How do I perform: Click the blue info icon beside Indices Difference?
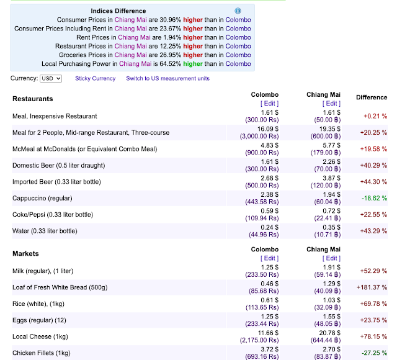[x=238, y=11]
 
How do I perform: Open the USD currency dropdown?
[x=51, y=79]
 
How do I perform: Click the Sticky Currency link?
[x=95, y=79]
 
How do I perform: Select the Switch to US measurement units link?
[x=168, y=79]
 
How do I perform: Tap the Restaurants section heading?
[x=33, y=99]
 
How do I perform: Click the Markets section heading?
[x=25, y=254]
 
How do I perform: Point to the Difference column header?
[x=372, y=97]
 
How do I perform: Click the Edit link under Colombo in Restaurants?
[x=269, y=104]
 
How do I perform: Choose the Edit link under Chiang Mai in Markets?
[x=331, y=258]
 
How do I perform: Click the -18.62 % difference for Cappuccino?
[x=374, y=198]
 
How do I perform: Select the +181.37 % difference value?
[x=372, y=287]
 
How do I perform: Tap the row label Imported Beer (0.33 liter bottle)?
[x=56, y=182]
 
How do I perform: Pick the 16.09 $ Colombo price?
[x=268, y=129]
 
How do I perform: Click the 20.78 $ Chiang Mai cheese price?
[x=329, y=333]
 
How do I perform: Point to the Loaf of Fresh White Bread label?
[x=60, y=287]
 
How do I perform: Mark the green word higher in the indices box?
[x=193, y=64]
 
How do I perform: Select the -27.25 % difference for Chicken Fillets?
[x=374, y=353]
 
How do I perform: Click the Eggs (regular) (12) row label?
[x=39, y=320]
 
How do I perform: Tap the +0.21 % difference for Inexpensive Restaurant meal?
[x=375, y=116]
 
